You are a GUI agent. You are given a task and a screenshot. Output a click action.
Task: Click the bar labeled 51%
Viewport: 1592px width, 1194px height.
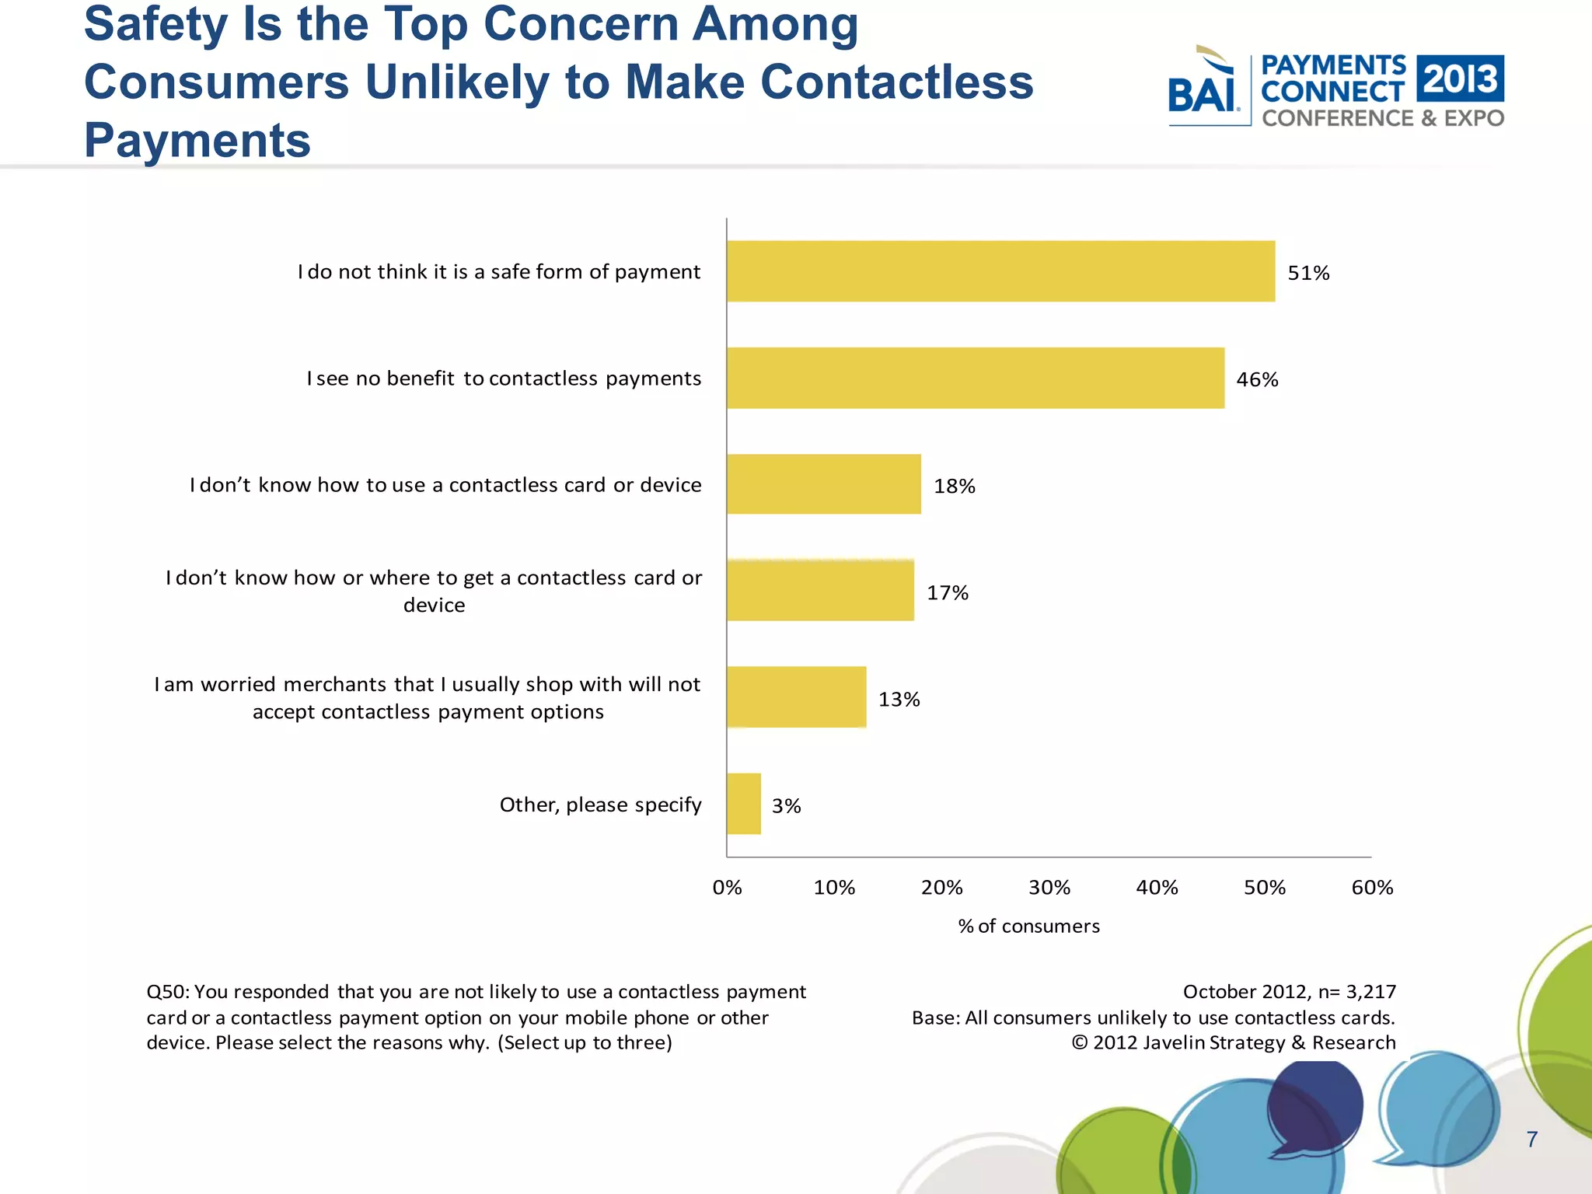(1000, 271)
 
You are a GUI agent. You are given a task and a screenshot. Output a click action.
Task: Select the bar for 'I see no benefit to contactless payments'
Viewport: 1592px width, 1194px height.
(975, 378)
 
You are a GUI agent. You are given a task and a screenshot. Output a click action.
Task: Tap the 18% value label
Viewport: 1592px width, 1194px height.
(954, 486)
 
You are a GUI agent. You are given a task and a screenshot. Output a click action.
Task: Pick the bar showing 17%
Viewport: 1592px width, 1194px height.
(820, 591)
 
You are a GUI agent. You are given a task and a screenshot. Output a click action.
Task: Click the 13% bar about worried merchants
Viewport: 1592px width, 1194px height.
(796, 697)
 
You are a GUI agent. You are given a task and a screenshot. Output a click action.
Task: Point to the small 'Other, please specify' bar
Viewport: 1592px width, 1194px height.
(744, 804)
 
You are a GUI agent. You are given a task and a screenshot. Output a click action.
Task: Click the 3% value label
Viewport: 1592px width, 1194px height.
(786, 806)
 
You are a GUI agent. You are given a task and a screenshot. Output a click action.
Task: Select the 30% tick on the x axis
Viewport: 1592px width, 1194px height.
(1049, 888)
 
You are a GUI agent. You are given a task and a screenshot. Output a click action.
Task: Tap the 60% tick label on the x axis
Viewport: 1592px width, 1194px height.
(1372, 888)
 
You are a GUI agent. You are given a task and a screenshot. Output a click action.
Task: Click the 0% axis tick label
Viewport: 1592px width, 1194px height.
(727, 888)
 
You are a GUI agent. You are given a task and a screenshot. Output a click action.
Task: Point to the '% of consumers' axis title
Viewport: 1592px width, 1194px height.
(1028, 926)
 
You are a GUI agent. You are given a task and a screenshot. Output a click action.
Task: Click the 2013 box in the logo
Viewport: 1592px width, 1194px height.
(1460, 79)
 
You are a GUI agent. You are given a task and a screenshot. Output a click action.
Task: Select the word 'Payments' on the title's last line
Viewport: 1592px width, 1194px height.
(197, 141)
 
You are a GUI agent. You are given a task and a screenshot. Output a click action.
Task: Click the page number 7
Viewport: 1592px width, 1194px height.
(1531, 1140)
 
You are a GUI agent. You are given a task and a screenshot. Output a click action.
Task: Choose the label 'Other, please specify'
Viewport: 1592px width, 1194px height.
(600, 805)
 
